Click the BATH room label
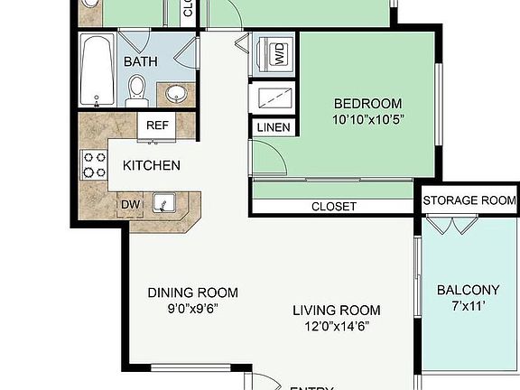[141, 62]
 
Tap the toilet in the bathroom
[137, 88]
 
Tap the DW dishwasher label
[131, 205]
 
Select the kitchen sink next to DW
[162, 204]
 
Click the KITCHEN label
[152, 166]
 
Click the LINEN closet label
[274, 127]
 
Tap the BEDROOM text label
[367, 103]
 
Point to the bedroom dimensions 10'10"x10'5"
[367, 118]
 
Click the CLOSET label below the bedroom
[334, 207]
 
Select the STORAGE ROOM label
[469, 200]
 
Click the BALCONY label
[468, 290]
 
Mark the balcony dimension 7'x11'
[468, 305]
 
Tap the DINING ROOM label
[193, 292]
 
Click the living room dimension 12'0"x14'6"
[337, 326]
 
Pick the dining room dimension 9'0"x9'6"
[193, 308]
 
